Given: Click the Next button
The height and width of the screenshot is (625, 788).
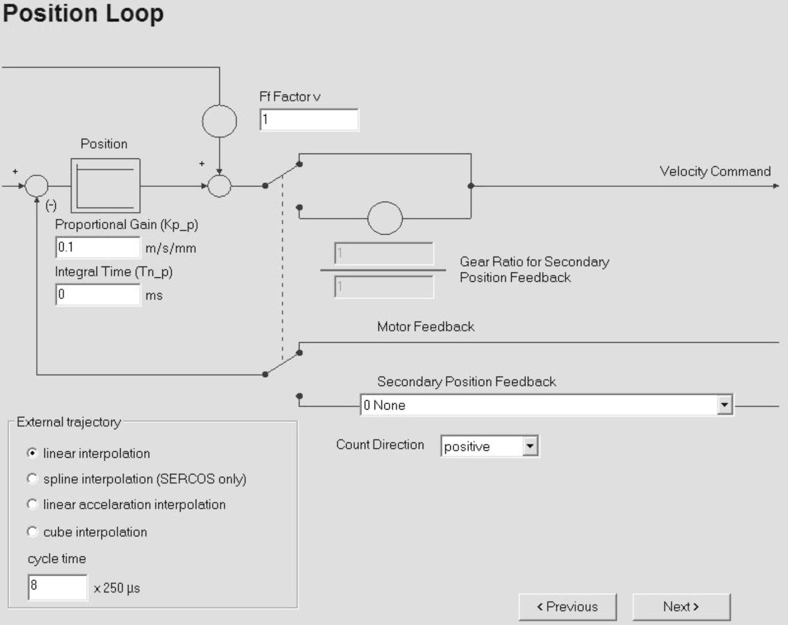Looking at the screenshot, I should [x=681, y=607].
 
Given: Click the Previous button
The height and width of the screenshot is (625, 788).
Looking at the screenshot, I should [x=567, y=607].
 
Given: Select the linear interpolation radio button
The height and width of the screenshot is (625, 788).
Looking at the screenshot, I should [x=32, y=453].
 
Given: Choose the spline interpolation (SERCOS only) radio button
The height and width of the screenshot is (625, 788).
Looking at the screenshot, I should [x=32, y=479].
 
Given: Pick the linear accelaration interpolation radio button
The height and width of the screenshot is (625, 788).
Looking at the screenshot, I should [x=32, y=505].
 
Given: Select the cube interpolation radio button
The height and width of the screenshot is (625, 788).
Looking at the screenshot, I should [x=32, y=532].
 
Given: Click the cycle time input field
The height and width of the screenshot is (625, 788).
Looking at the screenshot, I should [x=57, y=587].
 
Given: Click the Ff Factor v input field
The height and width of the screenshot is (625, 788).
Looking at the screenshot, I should [x=309, y=120].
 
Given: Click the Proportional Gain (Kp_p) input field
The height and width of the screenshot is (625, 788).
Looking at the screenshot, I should [x=97, y=247].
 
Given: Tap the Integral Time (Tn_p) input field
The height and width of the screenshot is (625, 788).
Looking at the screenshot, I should [x=97, y=295].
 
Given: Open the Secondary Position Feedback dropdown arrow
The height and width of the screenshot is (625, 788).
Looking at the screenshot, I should [x=724, y=405].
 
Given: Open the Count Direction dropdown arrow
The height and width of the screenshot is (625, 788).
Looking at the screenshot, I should [x=530, y=446].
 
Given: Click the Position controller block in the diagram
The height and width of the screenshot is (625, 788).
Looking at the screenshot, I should [x=105, y=186].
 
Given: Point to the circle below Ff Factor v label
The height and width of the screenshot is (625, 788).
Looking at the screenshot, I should [x=219, y=121].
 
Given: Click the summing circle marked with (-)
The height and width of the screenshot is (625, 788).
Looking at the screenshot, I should [x=36, y=186].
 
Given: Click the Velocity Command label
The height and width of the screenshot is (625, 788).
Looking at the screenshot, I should [x=715, y=171].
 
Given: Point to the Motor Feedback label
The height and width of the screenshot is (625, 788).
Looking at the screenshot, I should [x=425, y=327].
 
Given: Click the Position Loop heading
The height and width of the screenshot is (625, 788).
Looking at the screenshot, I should [x=83, y=13].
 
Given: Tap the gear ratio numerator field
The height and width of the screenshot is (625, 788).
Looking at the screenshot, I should [x=384, y=254].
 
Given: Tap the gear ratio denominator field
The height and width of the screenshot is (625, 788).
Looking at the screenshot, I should [x=384, y=287].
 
